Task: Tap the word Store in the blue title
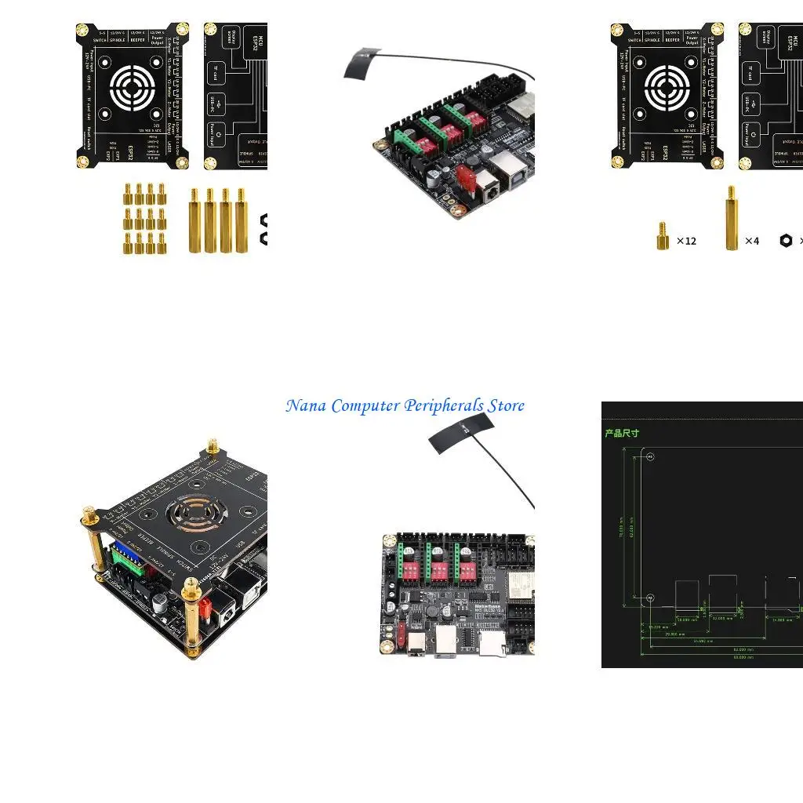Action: point(506,406)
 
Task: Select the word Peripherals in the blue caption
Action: point(443,406)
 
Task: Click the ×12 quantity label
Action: point(686,241)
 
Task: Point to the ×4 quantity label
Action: point(751,241)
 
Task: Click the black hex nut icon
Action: point(786,240)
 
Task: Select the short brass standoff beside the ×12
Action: point(663,236)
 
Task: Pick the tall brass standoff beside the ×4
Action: point(731,218)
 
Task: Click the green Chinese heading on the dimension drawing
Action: point(622,433)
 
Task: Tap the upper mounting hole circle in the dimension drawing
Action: point(650,457)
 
